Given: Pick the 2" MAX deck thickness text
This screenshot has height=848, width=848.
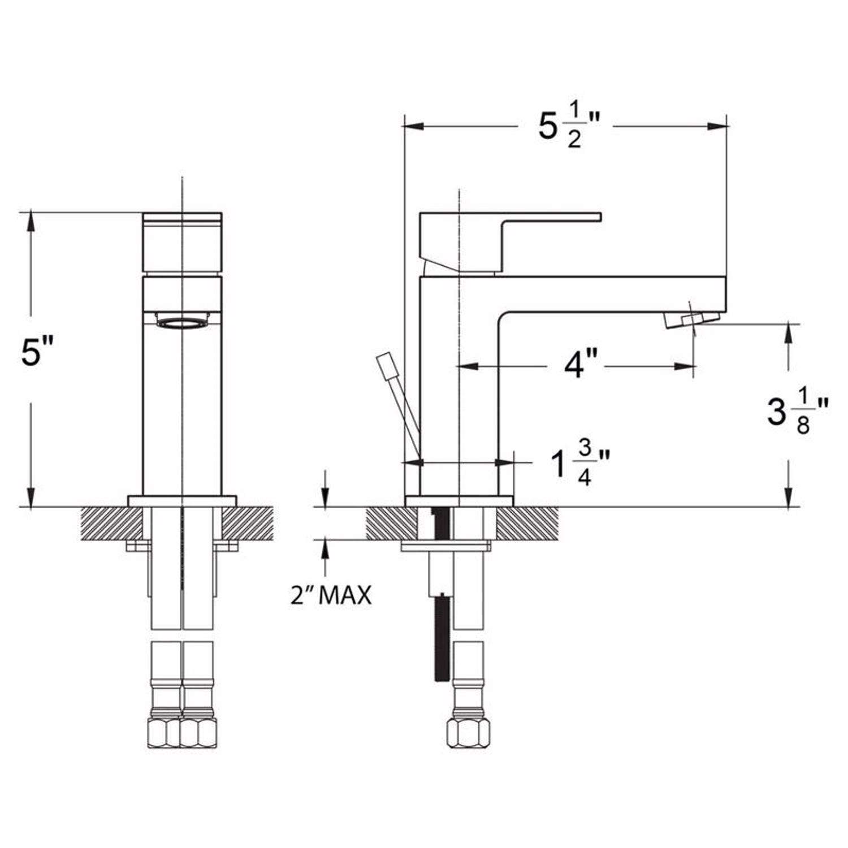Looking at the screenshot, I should tap(331, 595).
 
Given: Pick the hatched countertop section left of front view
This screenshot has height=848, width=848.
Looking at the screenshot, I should tap(111, 523).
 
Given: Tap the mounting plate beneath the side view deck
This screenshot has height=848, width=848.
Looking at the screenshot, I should tap(445, 546).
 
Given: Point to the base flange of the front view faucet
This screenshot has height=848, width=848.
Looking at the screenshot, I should tap(182, 501).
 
